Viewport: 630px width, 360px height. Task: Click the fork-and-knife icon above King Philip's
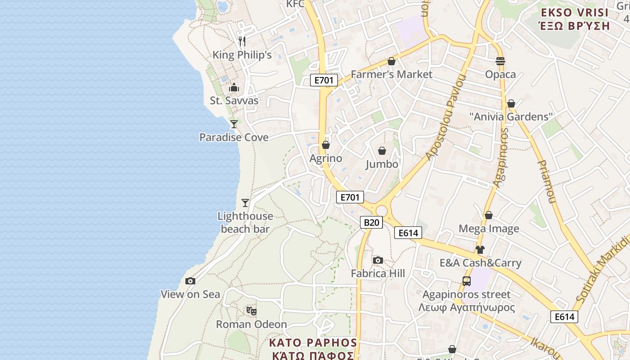click(242, 41)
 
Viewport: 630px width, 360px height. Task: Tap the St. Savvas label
click(234, 100)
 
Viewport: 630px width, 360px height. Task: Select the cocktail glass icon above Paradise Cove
click(234, 124)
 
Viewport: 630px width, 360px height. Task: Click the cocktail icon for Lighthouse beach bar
click(245, 203)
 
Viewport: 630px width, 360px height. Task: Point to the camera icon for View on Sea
click(190, 281)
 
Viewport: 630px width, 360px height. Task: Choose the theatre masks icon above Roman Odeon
click(252, 310)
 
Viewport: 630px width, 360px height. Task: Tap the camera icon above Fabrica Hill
click(378, 260)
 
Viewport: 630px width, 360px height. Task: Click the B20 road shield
click(371, 222)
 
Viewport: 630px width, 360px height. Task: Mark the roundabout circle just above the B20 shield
click(382, 211)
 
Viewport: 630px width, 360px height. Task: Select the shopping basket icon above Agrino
click(326, 145)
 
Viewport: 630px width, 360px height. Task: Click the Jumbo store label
click(382, 164)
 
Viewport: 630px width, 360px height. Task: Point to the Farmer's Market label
click(391, 74)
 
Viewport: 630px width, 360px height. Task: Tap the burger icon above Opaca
click(500, 61)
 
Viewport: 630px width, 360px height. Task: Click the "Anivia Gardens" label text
click(511, 117)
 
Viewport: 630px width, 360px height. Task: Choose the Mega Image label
click(489, 229)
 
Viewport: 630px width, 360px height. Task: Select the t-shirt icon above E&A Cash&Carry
click(480, 249)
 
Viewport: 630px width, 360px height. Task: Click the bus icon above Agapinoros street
click(467, 281)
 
